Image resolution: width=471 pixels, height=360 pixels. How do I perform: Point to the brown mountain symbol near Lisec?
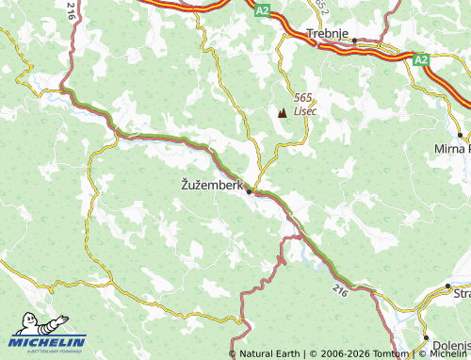click(283, 113)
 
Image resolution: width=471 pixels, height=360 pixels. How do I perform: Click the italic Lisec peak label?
click(305, 110)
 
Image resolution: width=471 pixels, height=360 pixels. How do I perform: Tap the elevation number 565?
click(302, 98)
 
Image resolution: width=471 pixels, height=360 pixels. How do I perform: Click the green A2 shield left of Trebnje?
click(262, 11)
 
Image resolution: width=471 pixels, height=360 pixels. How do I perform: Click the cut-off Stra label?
click(462, 295)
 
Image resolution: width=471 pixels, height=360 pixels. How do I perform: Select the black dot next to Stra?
click(449, 285)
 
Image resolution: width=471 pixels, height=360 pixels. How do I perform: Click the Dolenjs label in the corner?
click(451, 347)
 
